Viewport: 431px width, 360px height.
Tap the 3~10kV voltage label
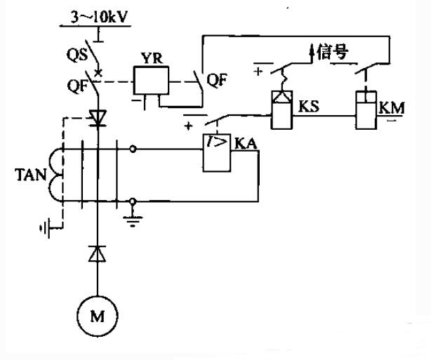[x=99, y=18]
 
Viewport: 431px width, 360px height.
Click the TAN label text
[x=30, y=175]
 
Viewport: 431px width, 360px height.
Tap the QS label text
[x=77, y=55]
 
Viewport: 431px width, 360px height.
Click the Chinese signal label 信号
[x=333, y=52]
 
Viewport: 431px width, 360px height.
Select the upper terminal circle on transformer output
[x=133, y=149]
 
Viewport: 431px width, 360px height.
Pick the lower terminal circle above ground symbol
[x=133, y=201]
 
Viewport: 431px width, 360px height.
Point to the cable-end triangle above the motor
[x=98, y=253]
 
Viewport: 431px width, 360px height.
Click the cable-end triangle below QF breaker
[x=98, y=118]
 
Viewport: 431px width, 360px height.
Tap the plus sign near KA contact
[x=189, y=126]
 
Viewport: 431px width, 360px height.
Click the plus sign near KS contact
[x=258, y=72]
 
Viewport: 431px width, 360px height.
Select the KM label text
[x=392, y=108]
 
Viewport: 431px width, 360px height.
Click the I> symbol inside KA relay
[x=217, y=141]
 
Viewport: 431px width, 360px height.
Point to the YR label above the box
[x=152, y=58]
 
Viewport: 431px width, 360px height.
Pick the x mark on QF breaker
[x=98, y=73]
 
